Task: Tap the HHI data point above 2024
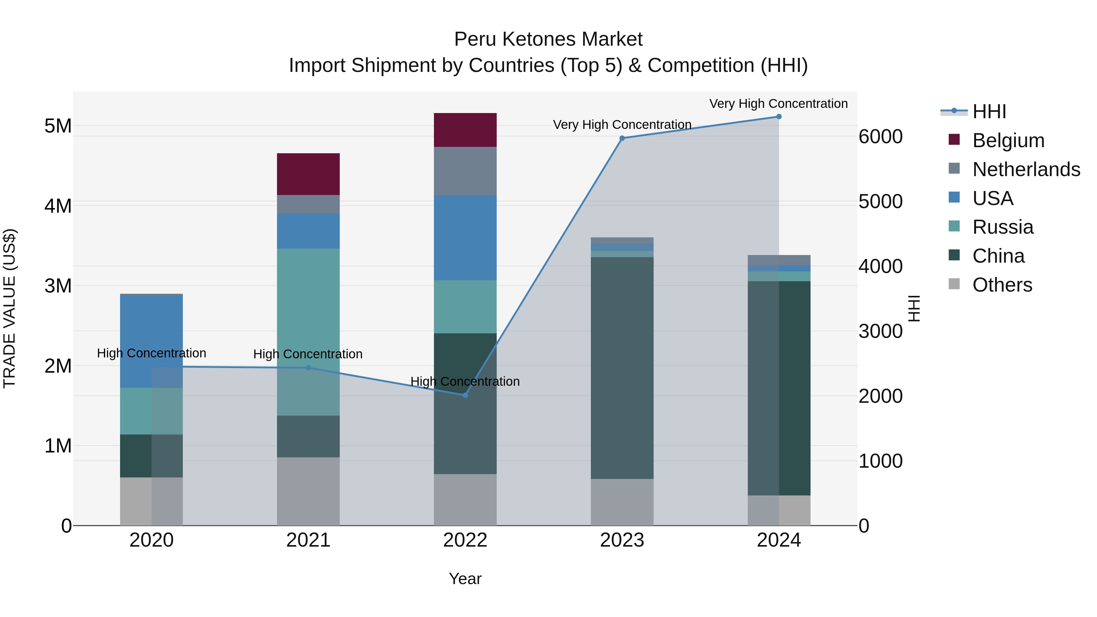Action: pos(779,117)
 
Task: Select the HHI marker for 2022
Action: pos(465,395)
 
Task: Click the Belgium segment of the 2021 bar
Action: pos(308,174)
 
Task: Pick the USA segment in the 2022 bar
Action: pos(465,238)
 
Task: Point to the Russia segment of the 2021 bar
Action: pos(308,332)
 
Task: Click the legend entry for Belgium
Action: pos(1008,140)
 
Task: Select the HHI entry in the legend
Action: pos(989,112)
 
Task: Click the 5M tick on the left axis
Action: pos(58,126)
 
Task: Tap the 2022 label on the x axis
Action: pos(465,540)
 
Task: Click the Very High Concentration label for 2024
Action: pos(779,104)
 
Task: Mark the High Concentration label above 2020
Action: pos(152,353)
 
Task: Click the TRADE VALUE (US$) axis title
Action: pos(9,308)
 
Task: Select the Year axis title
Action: pos(465,579)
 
